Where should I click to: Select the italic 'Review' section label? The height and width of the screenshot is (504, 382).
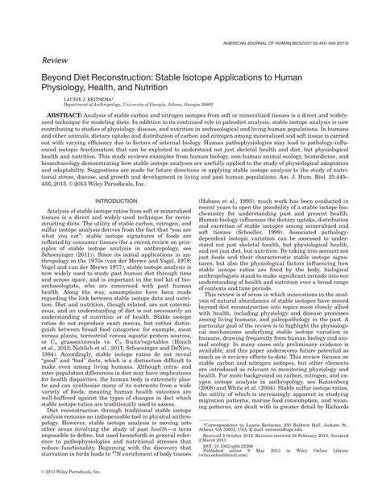point(41,58)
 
